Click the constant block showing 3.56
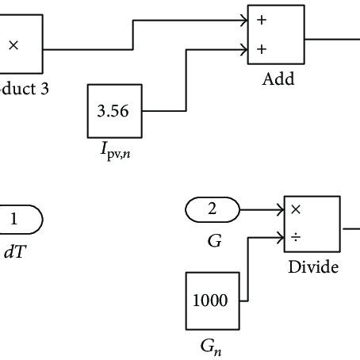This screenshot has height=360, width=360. [x=113, y=112]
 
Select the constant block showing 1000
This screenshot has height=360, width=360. [x=210, y=301]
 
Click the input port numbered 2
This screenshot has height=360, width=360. [x=212, y=209]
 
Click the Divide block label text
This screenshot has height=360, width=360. [x=312, y=267]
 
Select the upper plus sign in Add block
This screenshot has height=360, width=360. [x=262, y=21]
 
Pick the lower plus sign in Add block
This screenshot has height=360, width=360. [x=262, y=50]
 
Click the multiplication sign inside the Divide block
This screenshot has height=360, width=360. [x=297, y=210]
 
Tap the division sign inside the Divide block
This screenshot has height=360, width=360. [x=297, y=237]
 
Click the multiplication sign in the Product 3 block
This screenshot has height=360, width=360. [x=13, y=46]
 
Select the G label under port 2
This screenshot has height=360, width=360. [x=214, y=239]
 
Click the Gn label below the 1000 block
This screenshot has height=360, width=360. [x=211, y=347]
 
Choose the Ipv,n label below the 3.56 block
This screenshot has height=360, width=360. [x=113, y=153]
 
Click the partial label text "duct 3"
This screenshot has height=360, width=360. [x=24, y=90]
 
